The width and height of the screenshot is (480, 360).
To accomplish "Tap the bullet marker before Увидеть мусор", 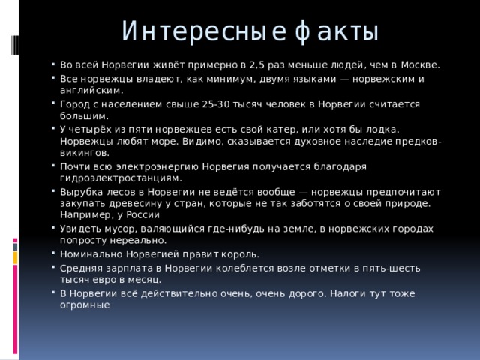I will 53,229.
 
